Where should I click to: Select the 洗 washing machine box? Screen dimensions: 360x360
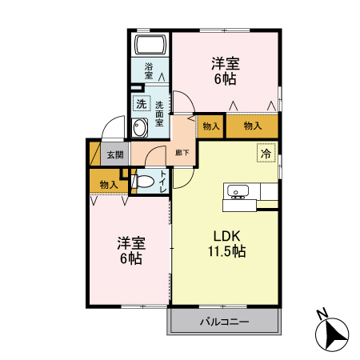click(141, 103)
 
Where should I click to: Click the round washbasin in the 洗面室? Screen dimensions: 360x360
click(142, 127)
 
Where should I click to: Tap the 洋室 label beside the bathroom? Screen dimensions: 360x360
click(225, 62)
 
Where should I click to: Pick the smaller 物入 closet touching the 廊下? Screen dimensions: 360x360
click(211, 126)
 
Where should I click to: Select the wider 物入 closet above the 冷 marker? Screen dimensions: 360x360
click(253, 126)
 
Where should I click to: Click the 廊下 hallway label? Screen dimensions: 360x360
click(183, 152)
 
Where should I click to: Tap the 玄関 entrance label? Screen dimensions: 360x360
click(114, 155)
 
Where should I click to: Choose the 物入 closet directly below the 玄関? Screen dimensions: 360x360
click(109, 185)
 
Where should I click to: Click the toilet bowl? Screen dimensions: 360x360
click(143, 183)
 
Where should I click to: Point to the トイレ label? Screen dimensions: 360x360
click(163, 182)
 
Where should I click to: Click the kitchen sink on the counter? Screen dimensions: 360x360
click(238, 191)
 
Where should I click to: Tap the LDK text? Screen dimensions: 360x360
click(226, 236)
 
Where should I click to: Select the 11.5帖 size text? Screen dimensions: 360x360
click(226, 251)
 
